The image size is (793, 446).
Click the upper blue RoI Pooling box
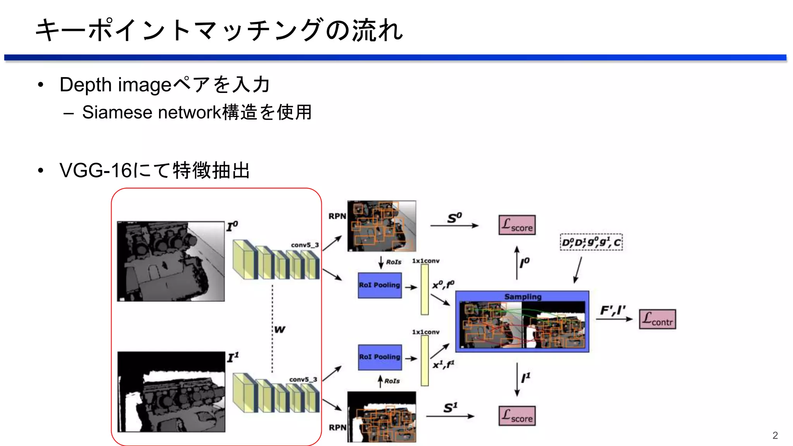point(379,285)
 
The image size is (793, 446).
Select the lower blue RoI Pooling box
point(379,357)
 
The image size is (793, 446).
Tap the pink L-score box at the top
point(517,225)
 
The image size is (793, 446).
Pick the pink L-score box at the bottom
point(517,416)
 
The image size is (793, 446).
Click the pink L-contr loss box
point(657,319)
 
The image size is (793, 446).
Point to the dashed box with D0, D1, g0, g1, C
point(591,242)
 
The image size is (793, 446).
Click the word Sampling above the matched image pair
point(523,297)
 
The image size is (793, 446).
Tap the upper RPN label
point(337,216)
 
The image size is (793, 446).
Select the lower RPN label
point(337,427)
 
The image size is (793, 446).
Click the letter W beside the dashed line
point(280,329)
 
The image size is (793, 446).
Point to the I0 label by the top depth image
point(232,226)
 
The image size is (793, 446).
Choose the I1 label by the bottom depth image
point(233,357)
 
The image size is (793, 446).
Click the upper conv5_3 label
point(305,245)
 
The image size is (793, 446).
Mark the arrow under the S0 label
point(454,226)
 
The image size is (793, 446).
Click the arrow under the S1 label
point(450,417)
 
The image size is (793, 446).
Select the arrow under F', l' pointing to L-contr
point(614,319)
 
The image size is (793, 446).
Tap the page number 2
point(775,436)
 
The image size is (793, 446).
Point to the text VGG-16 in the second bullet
point(96,170)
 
